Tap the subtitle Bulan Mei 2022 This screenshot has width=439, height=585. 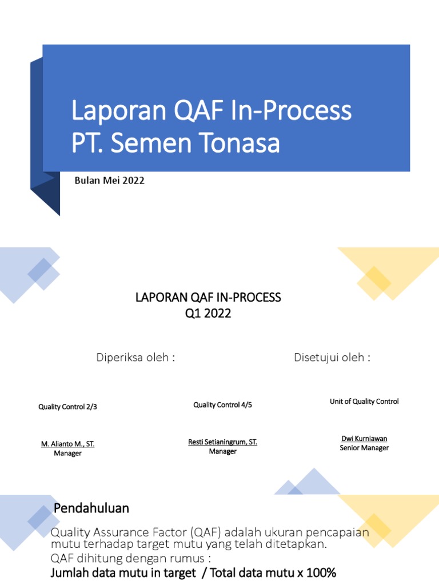point(110,181)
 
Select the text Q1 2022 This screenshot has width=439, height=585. point(208,313)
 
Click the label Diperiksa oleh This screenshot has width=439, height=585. point(135,358)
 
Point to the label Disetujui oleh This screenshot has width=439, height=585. point(332,358)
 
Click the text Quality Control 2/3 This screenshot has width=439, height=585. point(71,407)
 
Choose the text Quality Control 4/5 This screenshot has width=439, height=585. point(222,405)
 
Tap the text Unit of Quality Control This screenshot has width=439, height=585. point(364,402)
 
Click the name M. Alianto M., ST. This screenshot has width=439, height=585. point(67,444)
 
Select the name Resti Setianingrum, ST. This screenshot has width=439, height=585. point(222,442)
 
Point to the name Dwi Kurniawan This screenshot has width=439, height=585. point(364,439)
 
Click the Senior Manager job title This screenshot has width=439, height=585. point(364,448)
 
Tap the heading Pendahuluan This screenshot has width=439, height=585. point(91,508)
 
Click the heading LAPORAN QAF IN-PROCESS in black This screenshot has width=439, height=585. point(208,298)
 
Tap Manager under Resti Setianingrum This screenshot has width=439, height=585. point(222,451)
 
